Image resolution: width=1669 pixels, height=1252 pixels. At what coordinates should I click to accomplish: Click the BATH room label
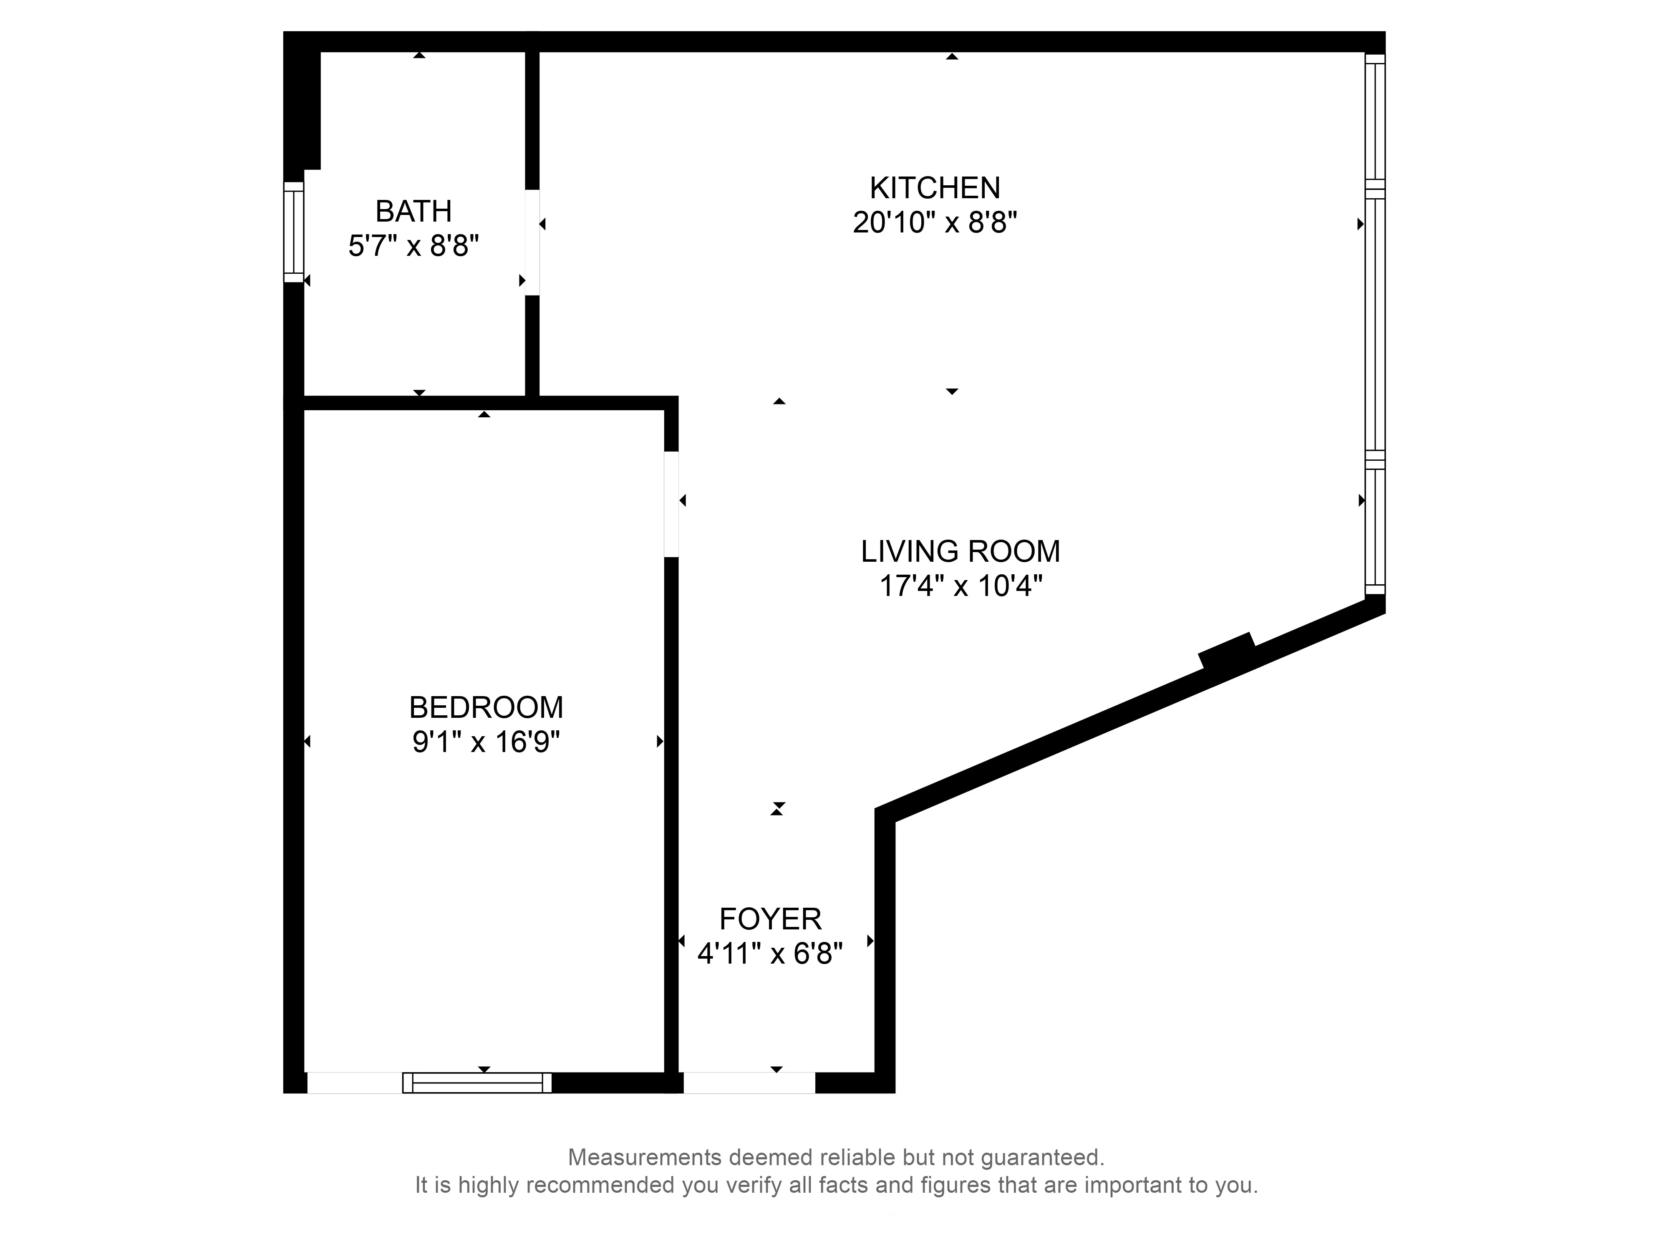tap(413, 211)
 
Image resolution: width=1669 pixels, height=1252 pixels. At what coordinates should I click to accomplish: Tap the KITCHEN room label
tap(935, 187)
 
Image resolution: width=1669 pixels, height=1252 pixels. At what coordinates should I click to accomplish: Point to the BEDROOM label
tap(486, 707)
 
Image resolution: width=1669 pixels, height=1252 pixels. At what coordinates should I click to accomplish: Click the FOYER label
tap(769, 919)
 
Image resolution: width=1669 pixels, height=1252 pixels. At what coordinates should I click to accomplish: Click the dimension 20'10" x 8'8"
tap(935, 222)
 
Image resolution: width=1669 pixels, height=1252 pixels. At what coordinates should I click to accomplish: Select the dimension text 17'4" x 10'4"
tap(961, 586)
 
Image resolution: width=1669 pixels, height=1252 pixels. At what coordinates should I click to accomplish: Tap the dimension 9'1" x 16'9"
tap(486, 742)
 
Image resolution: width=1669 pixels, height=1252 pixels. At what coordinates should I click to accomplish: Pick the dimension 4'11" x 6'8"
tap(769, 954)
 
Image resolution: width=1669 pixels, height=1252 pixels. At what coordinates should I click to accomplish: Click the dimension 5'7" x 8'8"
tap(413, 246)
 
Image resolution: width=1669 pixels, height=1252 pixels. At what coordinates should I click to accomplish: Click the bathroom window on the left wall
tap(293, 232)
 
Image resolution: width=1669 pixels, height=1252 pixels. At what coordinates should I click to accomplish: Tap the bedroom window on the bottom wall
tap(477, 1082)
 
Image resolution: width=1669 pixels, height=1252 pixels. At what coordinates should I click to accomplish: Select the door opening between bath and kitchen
tap(532, 242)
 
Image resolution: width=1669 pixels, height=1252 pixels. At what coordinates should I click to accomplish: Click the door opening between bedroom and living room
tap(671, 504)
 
